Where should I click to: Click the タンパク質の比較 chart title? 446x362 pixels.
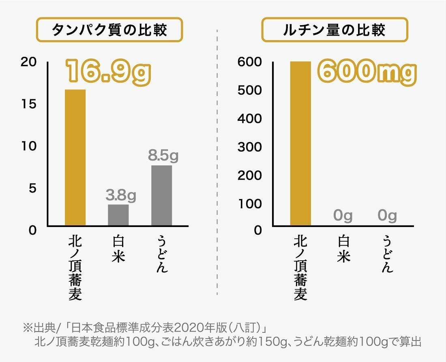tap(109, 30)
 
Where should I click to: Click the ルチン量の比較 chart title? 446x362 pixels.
tap(334, 30)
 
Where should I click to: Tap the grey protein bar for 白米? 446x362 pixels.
tap(118, 215)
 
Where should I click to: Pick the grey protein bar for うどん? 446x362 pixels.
tap(161, 195)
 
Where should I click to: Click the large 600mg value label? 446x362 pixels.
tap(367, 72)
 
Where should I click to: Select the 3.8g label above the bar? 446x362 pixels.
tap(121, 196)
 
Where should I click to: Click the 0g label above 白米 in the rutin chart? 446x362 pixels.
tap(343, 216)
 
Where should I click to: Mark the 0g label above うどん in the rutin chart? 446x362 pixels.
tap(387, 216)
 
